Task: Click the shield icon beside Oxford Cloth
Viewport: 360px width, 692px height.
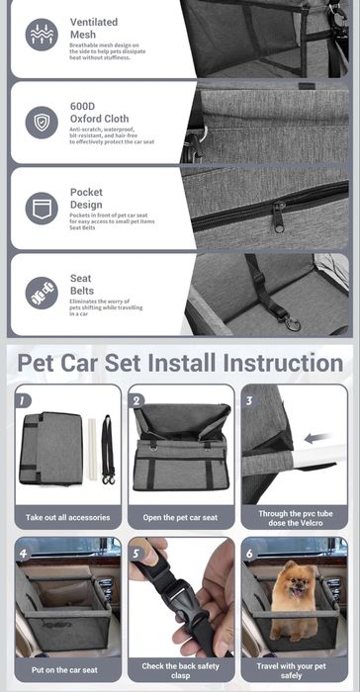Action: click(41, 123)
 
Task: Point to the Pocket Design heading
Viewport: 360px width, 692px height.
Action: click(86, 198)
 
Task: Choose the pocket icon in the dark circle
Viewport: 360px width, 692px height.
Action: click(41, 209)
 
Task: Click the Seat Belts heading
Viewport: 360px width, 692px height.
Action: click(81, 285)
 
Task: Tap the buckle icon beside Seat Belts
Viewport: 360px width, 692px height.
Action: click(41, 294)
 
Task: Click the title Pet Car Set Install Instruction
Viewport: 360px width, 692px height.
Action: click(179, 362)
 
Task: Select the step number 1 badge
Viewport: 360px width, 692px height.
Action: click(24, 400)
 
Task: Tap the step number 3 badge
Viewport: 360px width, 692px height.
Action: click(249, 400)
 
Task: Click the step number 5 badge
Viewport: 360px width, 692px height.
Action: click(136, 554)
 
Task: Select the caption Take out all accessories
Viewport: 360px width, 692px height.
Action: click(66, 517)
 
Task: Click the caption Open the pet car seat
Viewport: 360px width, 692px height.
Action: click(180, 517)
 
